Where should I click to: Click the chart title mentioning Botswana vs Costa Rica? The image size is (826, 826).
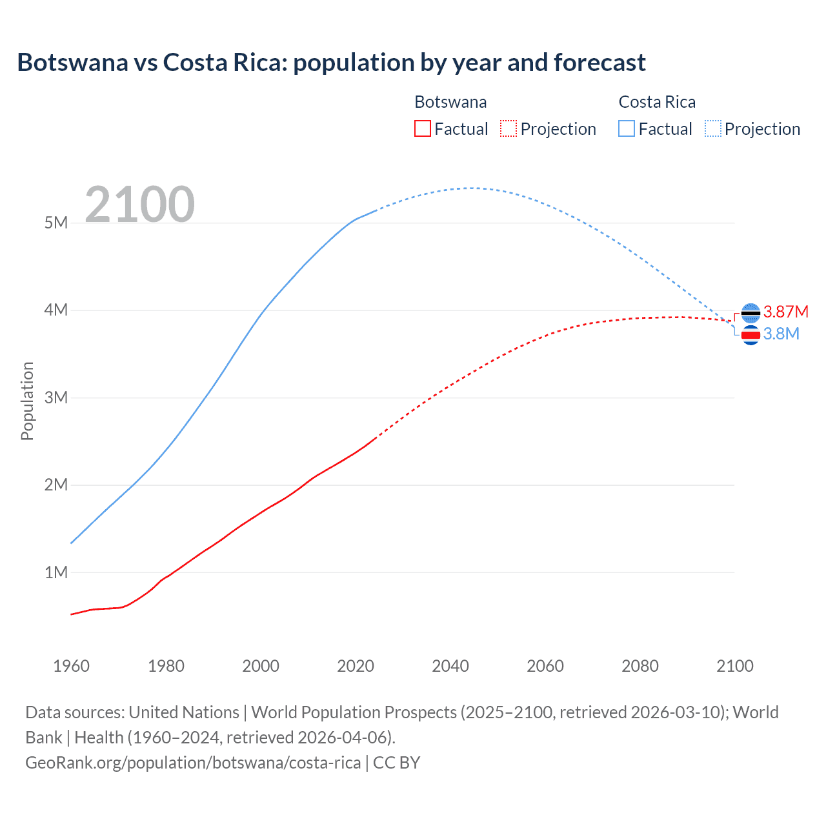[x=331, y=63]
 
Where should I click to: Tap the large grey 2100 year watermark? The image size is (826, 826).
[x=139, y=205]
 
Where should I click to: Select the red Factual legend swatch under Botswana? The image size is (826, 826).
[x=422, y=128]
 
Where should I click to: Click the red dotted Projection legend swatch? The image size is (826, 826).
[x=509, y=128]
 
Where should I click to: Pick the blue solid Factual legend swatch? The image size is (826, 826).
[x=626, y=128]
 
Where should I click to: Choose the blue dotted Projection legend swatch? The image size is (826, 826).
[x=712, y=128]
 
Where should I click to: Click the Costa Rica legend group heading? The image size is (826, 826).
[x=657, y=102]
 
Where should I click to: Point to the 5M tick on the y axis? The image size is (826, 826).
[x=56, y=223]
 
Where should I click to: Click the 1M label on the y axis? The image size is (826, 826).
[x=56, y=572]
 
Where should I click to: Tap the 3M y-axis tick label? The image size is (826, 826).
[x=56, y=398]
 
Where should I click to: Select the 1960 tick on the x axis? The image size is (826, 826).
[x=71, y=666]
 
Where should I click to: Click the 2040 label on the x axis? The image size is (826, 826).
[x=450, y=666]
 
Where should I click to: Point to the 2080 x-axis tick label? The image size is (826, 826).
[x=640, y=666]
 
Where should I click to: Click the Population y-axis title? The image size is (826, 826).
[x=27, y=401]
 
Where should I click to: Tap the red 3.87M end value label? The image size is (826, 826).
[x=786, y=312]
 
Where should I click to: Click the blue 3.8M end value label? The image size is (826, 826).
[x=781, y=334]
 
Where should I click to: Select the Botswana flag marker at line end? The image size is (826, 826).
[x=750, y=313]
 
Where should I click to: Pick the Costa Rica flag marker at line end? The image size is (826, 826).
[x=750, y=335]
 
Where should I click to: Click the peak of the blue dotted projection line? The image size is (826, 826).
[x=474, y=188]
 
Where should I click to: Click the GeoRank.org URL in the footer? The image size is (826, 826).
[x=193, y=763]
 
